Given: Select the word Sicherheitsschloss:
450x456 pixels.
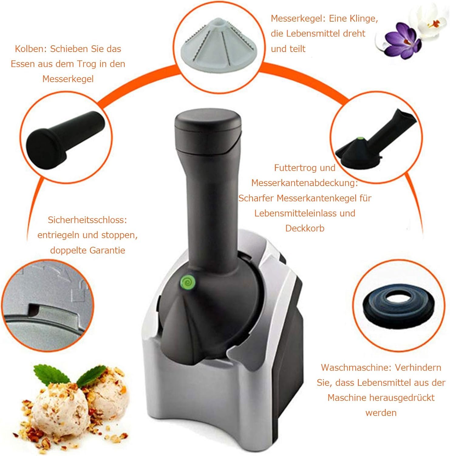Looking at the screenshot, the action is (x=87, y=220).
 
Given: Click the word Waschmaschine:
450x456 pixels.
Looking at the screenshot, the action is (x=356, y=367).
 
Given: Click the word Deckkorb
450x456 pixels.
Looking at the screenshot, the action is (x=305, y=228).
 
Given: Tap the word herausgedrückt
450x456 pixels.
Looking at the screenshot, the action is (x=402, y=398).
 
